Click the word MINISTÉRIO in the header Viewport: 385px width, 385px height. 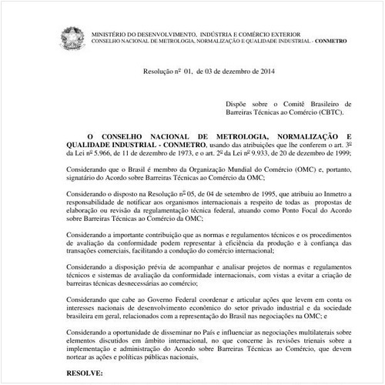click(x=109, y=35)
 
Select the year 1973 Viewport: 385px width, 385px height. click(x=172, y=152)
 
